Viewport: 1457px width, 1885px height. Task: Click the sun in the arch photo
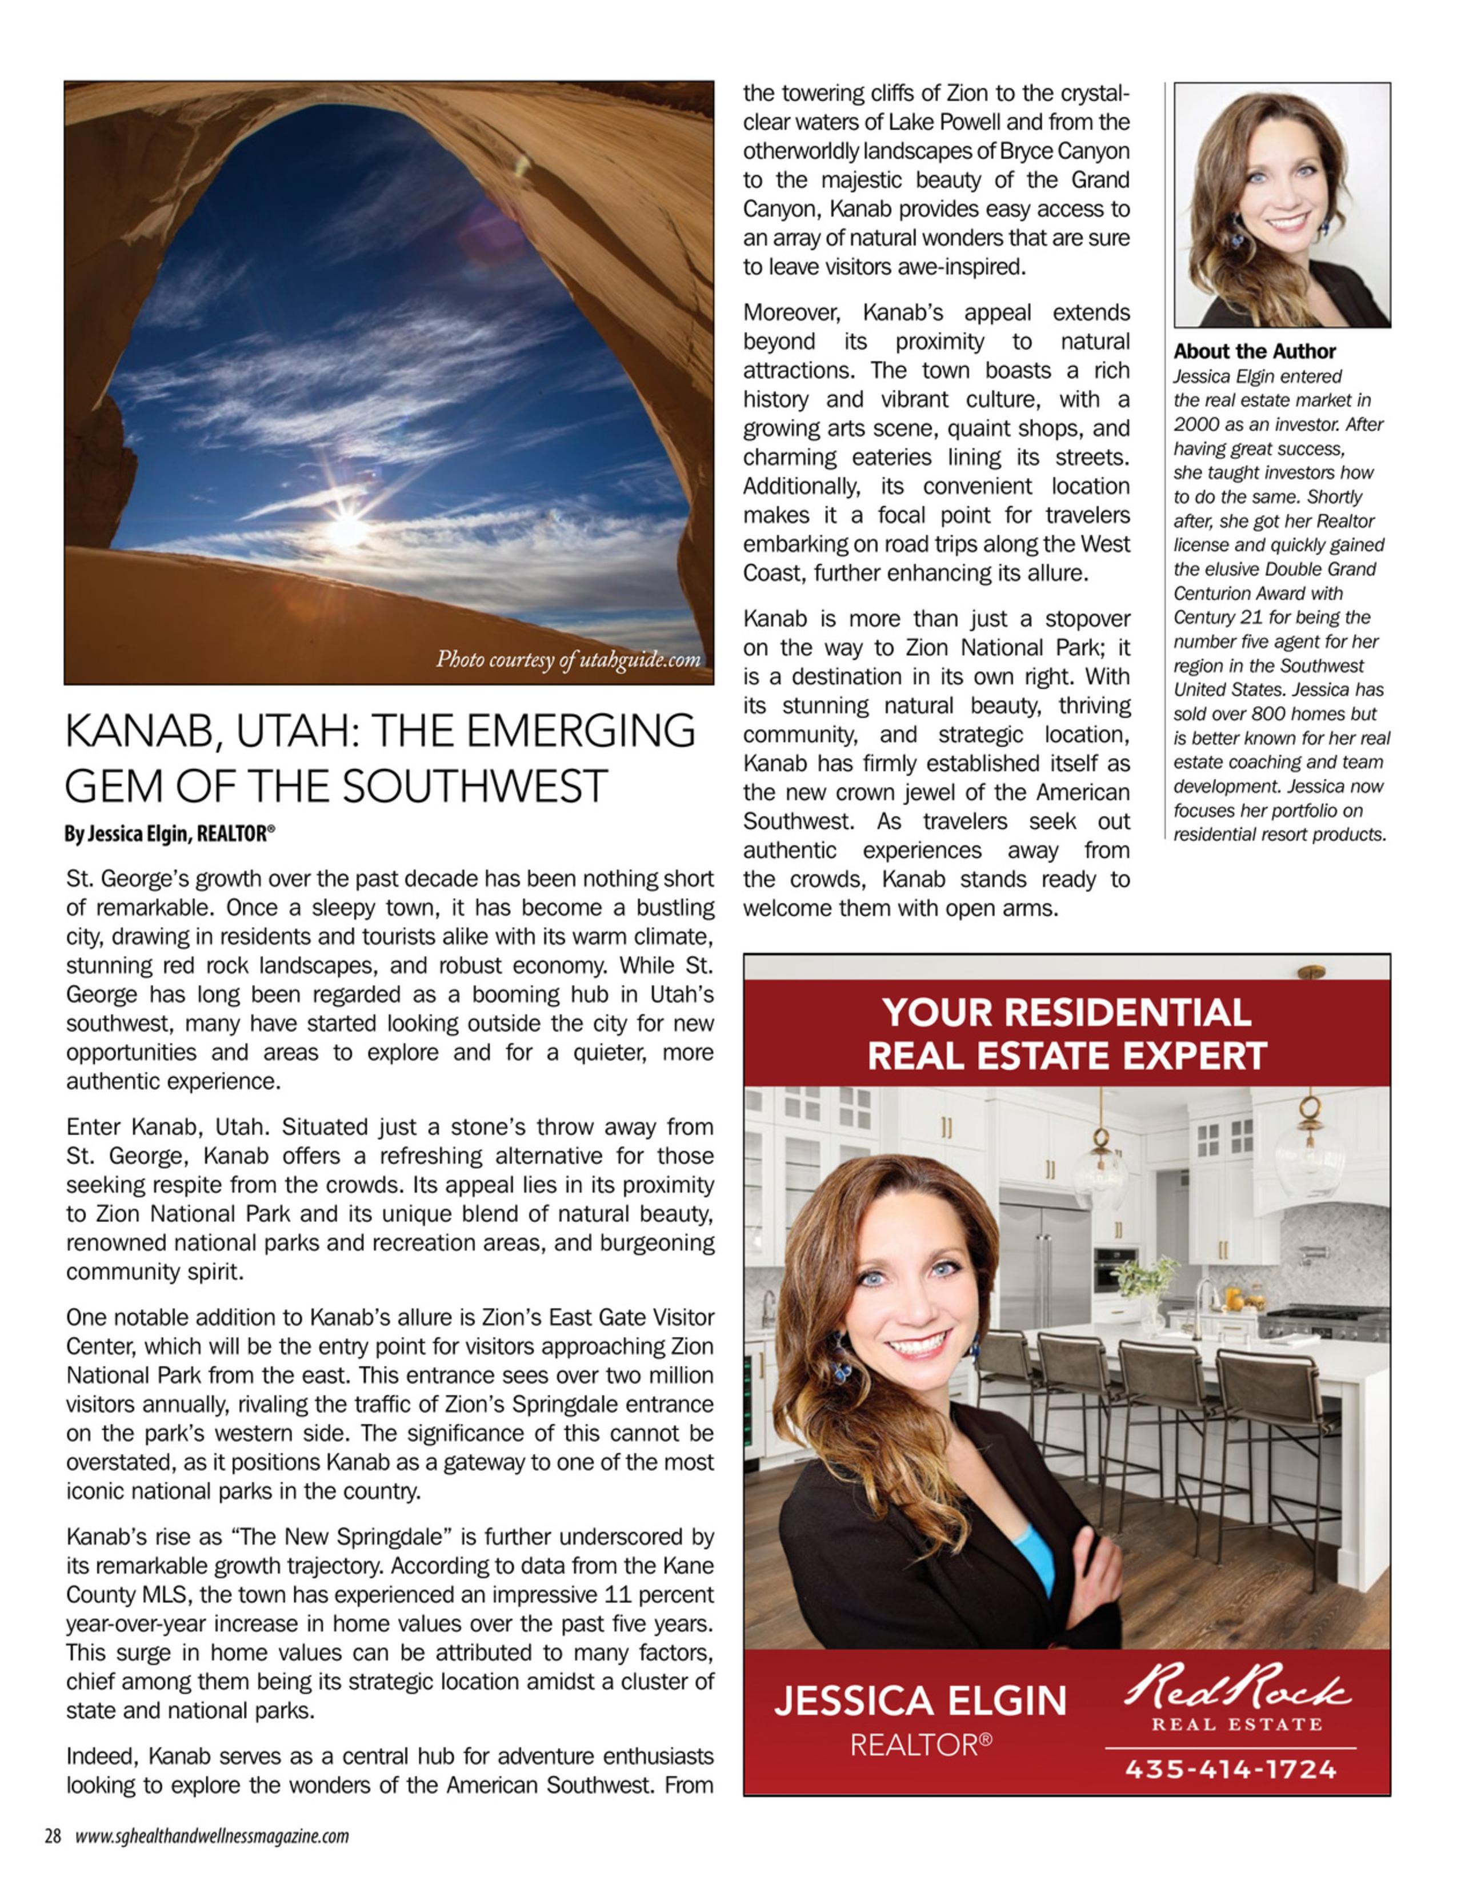347,528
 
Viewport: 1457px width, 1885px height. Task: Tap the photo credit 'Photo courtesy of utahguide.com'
568,660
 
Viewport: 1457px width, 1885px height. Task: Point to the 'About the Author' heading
1254,351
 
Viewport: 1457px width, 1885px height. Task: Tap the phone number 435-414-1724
1230,1770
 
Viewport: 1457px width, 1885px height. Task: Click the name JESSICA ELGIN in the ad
920,1701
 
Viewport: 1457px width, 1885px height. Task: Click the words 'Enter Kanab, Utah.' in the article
173,1127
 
